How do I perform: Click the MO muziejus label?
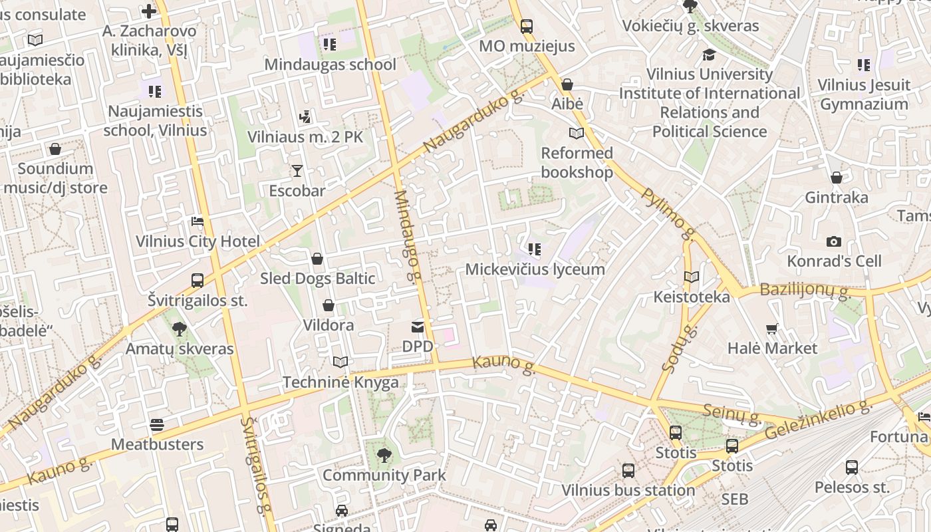tap(527, 47)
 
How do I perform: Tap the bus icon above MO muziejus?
tap(527, 27)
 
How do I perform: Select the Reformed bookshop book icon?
tap(576, 134)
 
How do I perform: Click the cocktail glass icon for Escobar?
tap(297, 171)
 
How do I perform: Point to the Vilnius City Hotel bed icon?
tap(198, 221)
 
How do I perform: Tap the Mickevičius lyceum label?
tap(535, 269)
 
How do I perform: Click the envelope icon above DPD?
tap(418, 327)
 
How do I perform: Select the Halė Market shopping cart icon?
tap(772, 329)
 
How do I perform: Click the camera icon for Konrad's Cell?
tap(834, 241)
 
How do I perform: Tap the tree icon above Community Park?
tap(384, 456)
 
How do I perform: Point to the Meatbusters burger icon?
tap(157, 424)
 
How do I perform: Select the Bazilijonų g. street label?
tap(805, 290)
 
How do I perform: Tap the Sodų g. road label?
tap(676, 349)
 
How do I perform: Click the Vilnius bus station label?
tap(628, 491)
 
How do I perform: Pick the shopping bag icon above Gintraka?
tap(837, 178)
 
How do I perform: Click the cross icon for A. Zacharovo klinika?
tap(149, 11)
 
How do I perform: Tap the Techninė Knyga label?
tap(340, 382)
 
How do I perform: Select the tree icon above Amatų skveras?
tap(179, 329)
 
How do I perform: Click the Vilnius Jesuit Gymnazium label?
tap(863, 94)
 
